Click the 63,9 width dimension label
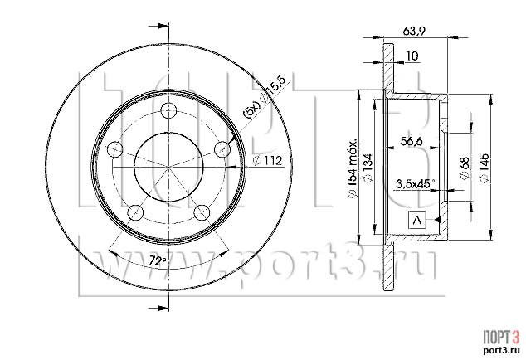[x=414, y=31]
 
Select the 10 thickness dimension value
[x=412, y=56]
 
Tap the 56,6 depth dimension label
[x=412, y=141]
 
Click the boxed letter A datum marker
[x=417, y=220]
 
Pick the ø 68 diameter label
[x=465, y=168]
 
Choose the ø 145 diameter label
[x=485, y=168]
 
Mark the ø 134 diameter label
[x=368, y=168]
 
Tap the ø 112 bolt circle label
[x=268, y=161]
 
